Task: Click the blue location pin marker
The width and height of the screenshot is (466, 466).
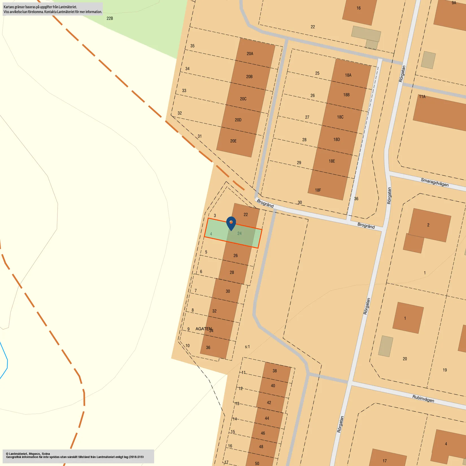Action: tap(231, 223)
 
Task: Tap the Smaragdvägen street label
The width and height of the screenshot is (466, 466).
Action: tap(434, 182)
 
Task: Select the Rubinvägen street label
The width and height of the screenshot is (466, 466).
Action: tap(423, 399)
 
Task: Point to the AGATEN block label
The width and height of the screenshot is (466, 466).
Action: tap(203, 329)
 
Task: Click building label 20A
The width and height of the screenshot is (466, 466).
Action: tap(250, 54)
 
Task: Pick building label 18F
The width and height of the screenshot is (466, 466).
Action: tap(318, 190)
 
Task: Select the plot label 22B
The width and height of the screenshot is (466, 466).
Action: tap(110, 18)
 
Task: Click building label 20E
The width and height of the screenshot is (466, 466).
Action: tap(233, 141)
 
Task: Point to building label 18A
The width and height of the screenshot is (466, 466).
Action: tap(348, 75)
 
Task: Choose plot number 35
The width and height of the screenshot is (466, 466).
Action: tap(192, 46)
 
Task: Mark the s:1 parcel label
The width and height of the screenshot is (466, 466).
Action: tap(247, 347)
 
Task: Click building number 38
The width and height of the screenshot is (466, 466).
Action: tap(275, 371)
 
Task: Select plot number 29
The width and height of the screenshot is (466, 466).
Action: tap(299, 163)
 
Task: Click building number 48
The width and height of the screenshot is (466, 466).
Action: tap(261, 447)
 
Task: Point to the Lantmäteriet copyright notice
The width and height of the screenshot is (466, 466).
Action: tap(75, 455)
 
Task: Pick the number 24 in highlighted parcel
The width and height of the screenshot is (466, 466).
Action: tap(239, 233)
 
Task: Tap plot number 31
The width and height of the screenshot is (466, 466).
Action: tap(200, 136)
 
